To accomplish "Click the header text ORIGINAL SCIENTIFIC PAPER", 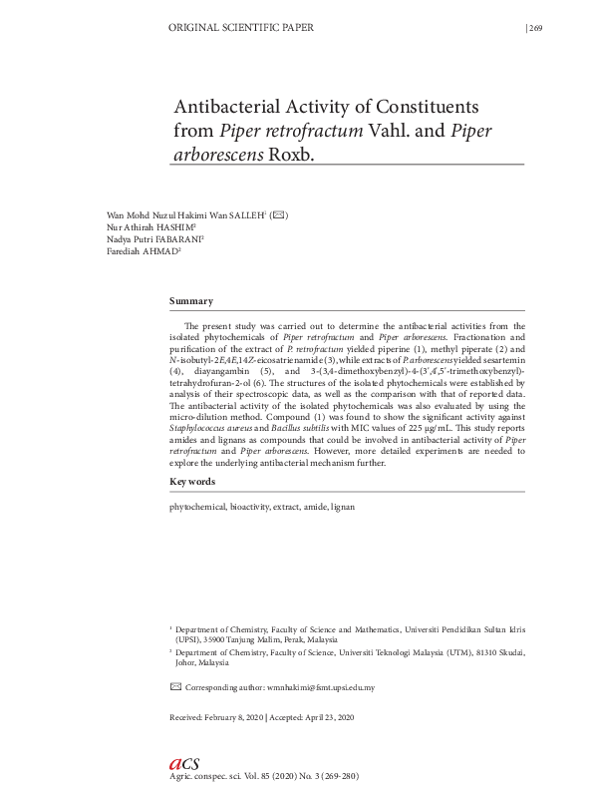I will click(x=242, y=28).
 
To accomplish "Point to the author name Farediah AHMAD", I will click(x=143, y=252).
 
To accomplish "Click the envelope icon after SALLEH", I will click(x=280, y=215).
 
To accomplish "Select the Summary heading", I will click(x=190, y=301).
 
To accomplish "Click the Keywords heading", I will click(x=192, y=482).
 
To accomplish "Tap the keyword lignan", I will click(x=342, y=507).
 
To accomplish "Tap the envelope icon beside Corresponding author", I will click(x=176, y=687).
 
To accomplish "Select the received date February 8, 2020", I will click(x=235, y=718).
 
